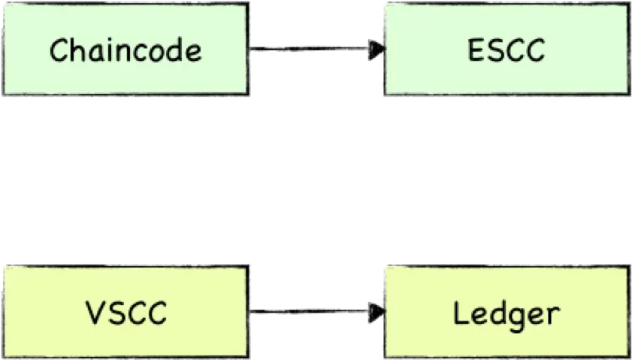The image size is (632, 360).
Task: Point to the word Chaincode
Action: (125, 50)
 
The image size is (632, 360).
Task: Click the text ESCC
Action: (506, 50)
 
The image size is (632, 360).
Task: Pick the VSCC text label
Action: (125, 313)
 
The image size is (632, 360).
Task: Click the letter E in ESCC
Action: (475, 50)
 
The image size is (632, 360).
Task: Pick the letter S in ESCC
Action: (494, 50)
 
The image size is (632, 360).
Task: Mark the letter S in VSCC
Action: (115, 313)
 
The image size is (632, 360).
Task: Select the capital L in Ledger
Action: (460, 313)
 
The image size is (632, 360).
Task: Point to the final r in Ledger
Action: (553, 314)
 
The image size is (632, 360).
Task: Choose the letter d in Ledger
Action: (496, 313)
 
